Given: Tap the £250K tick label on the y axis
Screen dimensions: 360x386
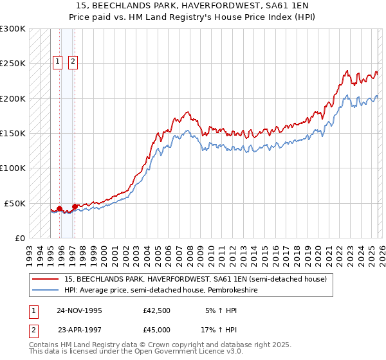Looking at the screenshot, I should (x=13, y=64).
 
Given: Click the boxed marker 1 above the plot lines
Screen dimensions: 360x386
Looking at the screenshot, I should (x=58, y=62).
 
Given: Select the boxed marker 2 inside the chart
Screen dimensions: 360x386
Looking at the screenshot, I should (x=73, y=62).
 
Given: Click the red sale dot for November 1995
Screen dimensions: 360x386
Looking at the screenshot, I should (x=59, y=208).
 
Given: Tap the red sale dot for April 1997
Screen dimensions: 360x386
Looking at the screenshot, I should (x=75, y=206).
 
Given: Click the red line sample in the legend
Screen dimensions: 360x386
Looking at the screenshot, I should (x=46, y=280).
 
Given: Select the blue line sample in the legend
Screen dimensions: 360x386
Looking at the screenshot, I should (x=46, y=291).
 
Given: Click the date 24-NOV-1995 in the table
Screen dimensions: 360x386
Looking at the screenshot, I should (x=79, y=310).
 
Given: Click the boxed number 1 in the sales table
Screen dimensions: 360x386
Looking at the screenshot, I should (x=32, y=310).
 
